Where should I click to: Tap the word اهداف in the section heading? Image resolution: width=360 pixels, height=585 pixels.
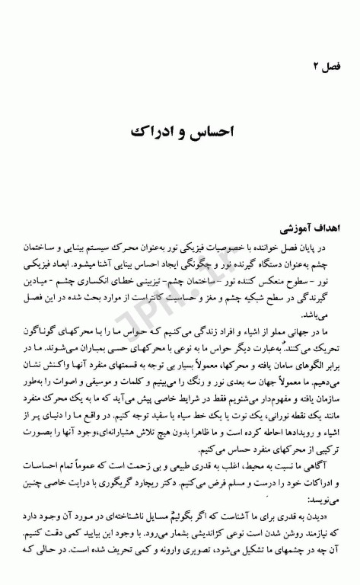312,229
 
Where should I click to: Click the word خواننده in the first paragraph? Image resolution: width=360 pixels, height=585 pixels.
256,248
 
